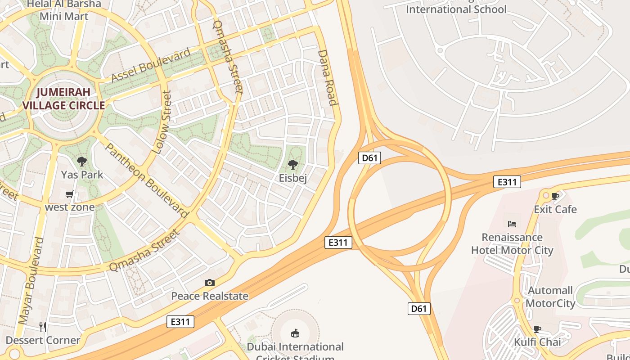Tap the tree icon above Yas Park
tap(81, 162)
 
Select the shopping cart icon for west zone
tap(69, 194)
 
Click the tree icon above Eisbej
tap(292, 165)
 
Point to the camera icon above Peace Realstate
tap(209, 283)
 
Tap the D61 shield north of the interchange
tap(369, 158)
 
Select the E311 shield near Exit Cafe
tap(507, 182)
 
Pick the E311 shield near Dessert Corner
tap(180, 322)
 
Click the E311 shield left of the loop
tap(338, 243)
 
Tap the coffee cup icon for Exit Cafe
tap(555, 196)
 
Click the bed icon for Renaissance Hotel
tap(512, 224)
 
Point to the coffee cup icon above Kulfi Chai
tap(537, 329)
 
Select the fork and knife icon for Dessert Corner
tap(43, 327)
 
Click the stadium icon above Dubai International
tap(295, 333)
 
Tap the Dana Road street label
tap(328, 77)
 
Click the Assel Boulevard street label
tap(151, 66)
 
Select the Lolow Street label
tap(162, 122)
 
